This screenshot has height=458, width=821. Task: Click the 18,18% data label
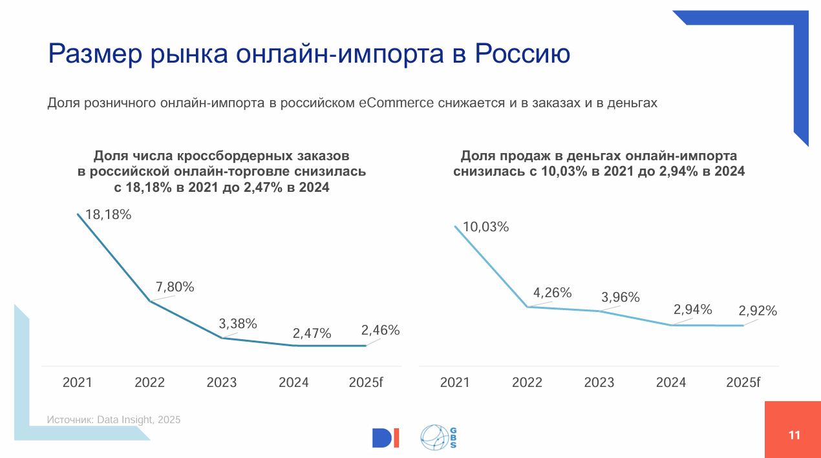click(109, 214)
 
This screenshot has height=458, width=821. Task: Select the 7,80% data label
click(175, 287)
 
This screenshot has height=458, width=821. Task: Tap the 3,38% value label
click(238, 324)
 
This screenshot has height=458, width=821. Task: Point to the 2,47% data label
click(312, 333)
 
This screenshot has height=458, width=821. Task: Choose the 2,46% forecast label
click(381, 330)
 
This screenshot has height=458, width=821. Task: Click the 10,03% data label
click(485, 227)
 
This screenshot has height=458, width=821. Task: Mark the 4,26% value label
click(552, 293)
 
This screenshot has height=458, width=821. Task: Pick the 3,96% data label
click(621, 297)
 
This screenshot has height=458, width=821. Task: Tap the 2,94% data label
click(693, 309)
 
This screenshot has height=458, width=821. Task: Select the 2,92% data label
click(758, 311)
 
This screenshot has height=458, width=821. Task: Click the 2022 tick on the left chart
click(149, 382)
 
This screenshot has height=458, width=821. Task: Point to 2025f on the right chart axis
click(743, 382)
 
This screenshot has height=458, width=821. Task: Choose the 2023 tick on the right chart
click(599, 382)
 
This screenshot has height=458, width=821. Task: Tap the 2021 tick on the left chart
click(78, 382)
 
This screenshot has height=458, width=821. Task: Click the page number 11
click(794, 435)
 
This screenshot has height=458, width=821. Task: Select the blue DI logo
click(385, 438)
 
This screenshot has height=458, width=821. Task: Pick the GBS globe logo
click(438, 437)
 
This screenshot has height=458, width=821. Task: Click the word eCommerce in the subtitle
click(396, 103)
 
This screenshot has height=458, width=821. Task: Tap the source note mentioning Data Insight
click(114, 419)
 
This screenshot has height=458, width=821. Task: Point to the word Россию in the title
click(522, 54)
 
